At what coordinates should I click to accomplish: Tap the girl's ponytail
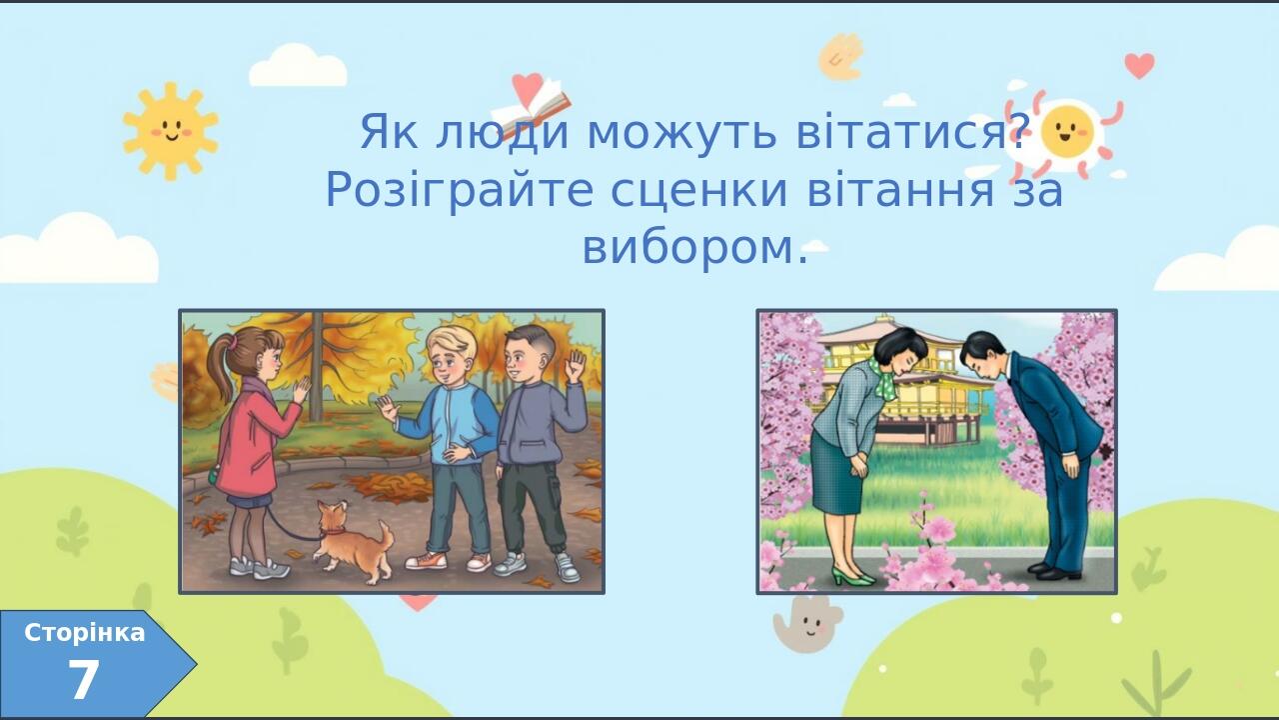click(222, 366)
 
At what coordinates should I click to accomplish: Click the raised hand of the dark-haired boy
click(575, 366)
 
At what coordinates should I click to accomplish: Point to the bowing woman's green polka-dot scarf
click(884, 377)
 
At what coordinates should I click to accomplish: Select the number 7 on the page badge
click(84, 679)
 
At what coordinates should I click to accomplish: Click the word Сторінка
click(85, 633)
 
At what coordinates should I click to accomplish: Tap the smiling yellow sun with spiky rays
click(170, 130)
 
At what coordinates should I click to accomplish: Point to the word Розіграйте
click(460, 190)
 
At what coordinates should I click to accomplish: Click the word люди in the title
click(503, 133)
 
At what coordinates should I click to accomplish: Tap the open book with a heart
click(531, 100)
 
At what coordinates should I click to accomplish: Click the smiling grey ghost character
click(807, 623)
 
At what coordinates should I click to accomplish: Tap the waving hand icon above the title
click(840, 56)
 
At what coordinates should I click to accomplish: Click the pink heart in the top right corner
click(1140, 65)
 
